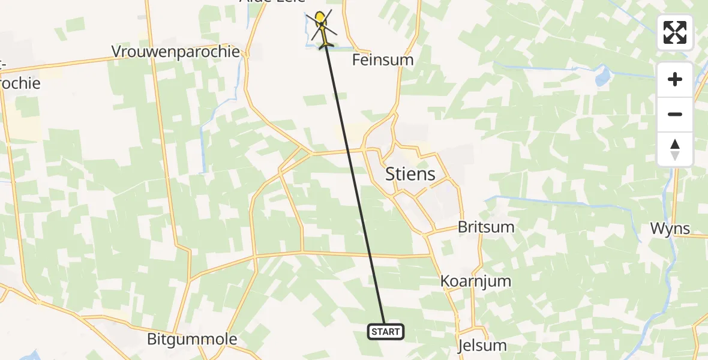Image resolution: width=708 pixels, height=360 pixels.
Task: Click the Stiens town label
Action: pyautogui.click(x=410, y=175)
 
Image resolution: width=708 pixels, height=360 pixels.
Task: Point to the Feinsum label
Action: pyautogui.click(x=383, y=60)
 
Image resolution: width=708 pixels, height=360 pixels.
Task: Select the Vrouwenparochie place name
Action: pyautogui.click(x=176, y=52)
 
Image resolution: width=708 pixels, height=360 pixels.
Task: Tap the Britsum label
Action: pyautogui.click(x=485, y=227)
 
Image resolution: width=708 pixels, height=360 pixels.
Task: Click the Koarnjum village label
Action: pyautogui.click(x=476, y=281)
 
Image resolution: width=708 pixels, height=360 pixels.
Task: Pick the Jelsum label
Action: pyautogui.click(x=482, y=346)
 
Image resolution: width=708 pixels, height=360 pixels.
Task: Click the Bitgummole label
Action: pyautogui.click(x=192, y=340)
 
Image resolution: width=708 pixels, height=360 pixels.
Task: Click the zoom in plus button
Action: pyautogui.click(x=675, y=79)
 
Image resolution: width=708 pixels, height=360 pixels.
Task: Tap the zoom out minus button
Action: pyautogui.click(x=675, y=114)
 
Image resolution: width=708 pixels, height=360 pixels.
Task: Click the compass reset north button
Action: pyautogui.click(x=675, y=149)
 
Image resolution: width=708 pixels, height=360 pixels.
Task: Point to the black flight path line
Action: pyautogui.click(x=354, y=180)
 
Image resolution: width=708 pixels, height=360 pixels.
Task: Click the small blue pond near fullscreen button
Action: pyautogui.click(x=602, y=77)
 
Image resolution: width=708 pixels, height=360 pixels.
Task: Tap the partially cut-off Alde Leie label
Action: pyautogui.click(x=272, y=2)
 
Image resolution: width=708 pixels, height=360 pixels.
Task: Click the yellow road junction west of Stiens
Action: pyautogui.click(x=311, y=154)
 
